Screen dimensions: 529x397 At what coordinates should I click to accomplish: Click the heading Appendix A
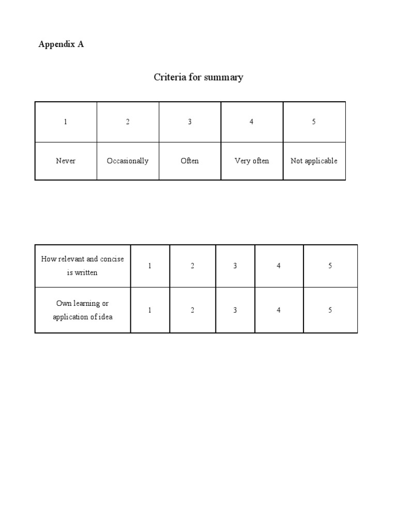coord(61,44)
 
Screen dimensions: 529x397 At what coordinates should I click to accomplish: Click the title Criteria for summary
coord(198,77)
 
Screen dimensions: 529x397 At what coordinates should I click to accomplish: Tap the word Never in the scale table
coord(66,161)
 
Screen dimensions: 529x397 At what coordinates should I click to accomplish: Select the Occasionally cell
coord(128,161)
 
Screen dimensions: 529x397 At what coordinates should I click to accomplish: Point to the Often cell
coord(190,161)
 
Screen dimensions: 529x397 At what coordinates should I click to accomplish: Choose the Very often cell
coord(252,161)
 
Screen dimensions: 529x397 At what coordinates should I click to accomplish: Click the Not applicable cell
coord(314,161)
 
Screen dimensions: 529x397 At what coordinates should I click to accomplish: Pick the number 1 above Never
coord(66,122)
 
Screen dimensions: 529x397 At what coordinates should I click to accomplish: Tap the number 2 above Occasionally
coord(128,122)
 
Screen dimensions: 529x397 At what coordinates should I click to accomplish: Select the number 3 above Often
coord(190,122)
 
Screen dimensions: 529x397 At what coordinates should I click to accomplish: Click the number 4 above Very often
coord(252,122)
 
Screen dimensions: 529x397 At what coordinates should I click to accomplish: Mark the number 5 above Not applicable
coord(314,122)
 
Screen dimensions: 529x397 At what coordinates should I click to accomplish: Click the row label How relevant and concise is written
coord(83,266)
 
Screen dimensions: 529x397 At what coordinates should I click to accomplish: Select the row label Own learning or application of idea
coord(83,310)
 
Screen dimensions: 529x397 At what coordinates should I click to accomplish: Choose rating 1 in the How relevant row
coord(150,266)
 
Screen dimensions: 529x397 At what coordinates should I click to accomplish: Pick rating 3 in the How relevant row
coord(235,266)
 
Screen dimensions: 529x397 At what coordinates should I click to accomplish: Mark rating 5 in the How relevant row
coord(330,266)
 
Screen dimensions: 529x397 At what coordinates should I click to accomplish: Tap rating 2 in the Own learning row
coord(192,310)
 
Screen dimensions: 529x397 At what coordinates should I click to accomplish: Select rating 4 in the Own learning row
coord(279,310)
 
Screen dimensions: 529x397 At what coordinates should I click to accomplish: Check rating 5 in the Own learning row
coord(330,310)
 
